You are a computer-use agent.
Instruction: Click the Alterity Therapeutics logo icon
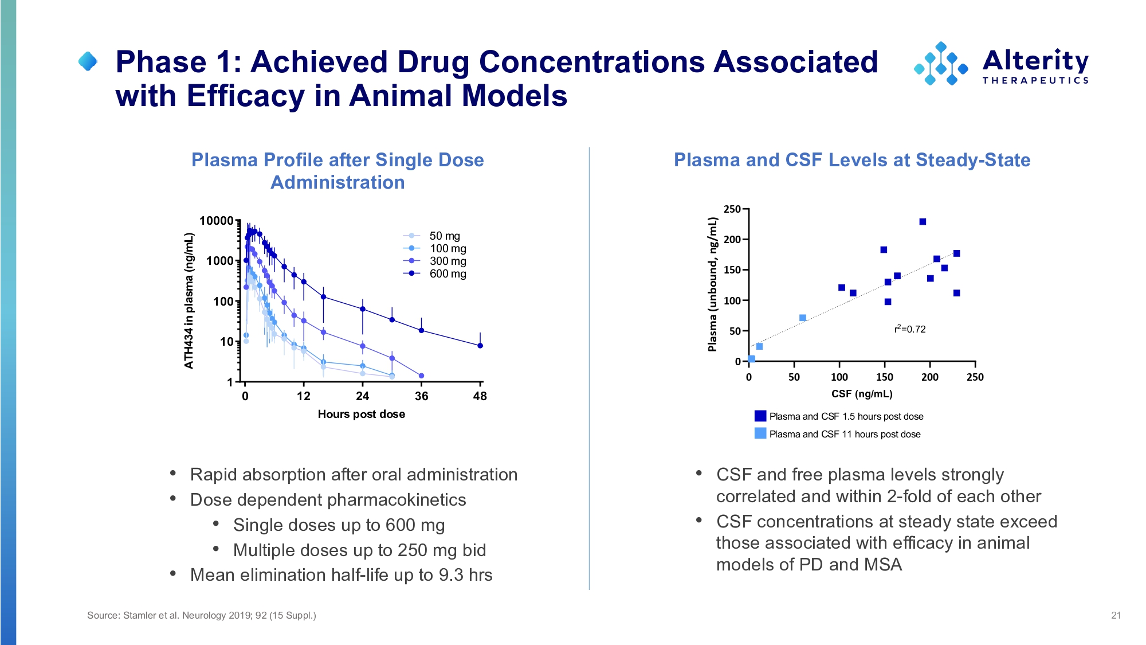click(941, 63)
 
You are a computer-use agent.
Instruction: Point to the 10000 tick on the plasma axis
click(217, 221)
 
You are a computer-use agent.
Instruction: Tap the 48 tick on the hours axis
click(480, 396)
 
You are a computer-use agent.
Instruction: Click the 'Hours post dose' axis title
click(361, 414)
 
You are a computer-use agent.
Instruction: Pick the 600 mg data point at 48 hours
click(480, 346)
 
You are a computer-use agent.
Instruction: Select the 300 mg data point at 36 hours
click(422, 376)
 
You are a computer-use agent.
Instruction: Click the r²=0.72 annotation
click(910, 329)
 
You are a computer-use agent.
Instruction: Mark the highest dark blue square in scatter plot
click(923, 222)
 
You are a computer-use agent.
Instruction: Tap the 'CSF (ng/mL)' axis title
click(862, 394)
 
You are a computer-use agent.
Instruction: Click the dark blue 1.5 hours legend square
click(760, 416)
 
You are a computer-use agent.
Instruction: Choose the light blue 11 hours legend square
click(760, 433)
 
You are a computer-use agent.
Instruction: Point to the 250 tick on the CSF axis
click(975, 377)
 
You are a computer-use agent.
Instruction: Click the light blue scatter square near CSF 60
click(803, 318)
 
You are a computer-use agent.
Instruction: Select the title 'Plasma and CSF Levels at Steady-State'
click(852, 160)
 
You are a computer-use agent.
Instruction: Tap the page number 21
click(1116, 615)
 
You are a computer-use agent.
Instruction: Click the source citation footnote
click(202, 615)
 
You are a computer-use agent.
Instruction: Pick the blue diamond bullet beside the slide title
click(88, 61)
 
